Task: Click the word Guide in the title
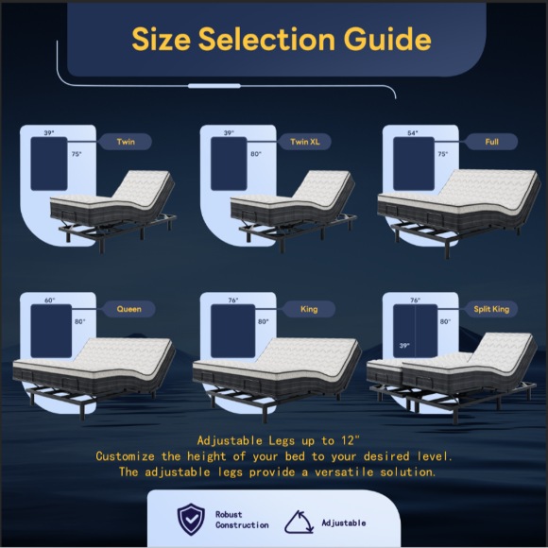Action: coord(387,40)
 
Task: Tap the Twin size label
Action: coord(126,142)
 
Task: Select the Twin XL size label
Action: coord(305,142)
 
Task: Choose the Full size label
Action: coord(491,142)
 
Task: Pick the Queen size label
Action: coord(128,309)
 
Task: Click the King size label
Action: coord(309,309)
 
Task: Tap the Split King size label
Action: coord(491,309)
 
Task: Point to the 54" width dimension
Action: coord(412,133)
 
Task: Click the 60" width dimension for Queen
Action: coord(50,300)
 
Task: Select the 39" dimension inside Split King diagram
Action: coord(404,345)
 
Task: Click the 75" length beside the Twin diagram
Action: coord(77,154)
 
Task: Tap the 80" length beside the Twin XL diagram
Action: coord(256,154)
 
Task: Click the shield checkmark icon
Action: coord(191,519)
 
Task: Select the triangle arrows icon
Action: coord(300,522)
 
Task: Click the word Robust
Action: coord(229,514)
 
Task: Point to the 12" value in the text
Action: coord(351,440)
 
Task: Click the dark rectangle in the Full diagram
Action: coord(414,163)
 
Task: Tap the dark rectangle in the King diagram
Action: coord(232,331)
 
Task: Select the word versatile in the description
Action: coord(344,472)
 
